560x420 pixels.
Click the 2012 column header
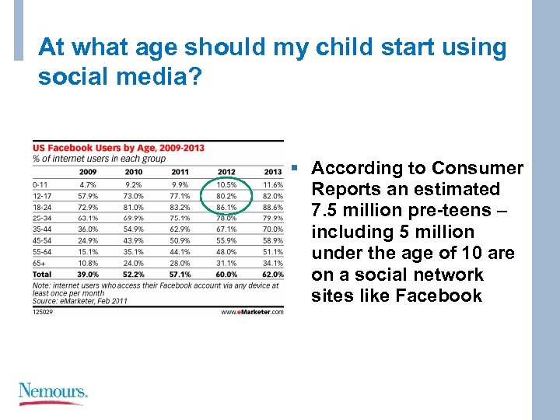(226, 172)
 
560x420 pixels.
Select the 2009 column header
(88, 172)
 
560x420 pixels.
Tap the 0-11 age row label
(40, 185)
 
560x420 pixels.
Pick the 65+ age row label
(39, 263)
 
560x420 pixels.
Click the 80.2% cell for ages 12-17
(226, 196)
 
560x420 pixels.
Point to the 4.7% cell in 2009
(87, 185)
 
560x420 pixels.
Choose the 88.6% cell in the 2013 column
(272, 208)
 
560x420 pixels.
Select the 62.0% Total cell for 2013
(272, 275)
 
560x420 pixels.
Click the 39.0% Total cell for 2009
(87, 275)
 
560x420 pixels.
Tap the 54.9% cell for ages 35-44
(134, 229)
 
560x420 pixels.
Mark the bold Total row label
(41, 275)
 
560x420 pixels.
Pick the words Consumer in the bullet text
(478, 169)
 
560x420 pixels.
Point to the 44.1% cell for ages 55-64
(180, 252)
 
